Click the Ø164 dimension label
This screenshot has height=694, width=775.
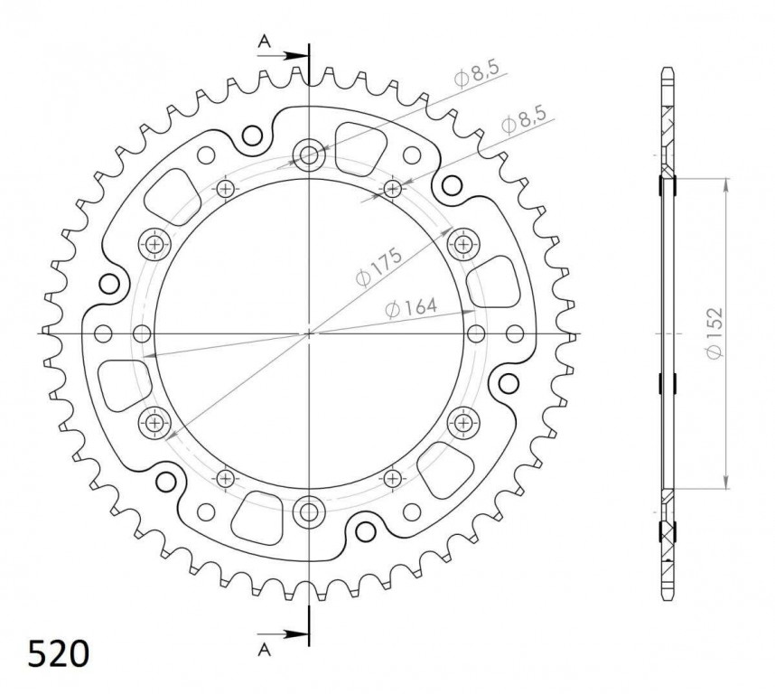click(411, 309)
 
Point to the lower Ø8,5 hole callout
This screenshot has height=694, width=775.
click(523, 122)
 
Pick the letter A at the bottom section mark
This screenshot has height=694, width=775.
click(265, 649)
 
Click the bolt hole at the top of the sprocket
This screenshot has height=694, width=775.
click(310, 155)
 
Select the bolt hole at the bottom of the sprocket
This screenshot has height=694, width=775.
click(310, 512)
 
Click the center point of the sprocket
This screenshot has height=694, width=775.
click(310, 333)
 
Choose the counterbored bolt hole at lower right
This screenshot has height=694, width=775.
click(463, 421)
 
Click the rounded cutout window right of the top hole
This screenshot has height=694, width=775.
click(359, 145)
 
